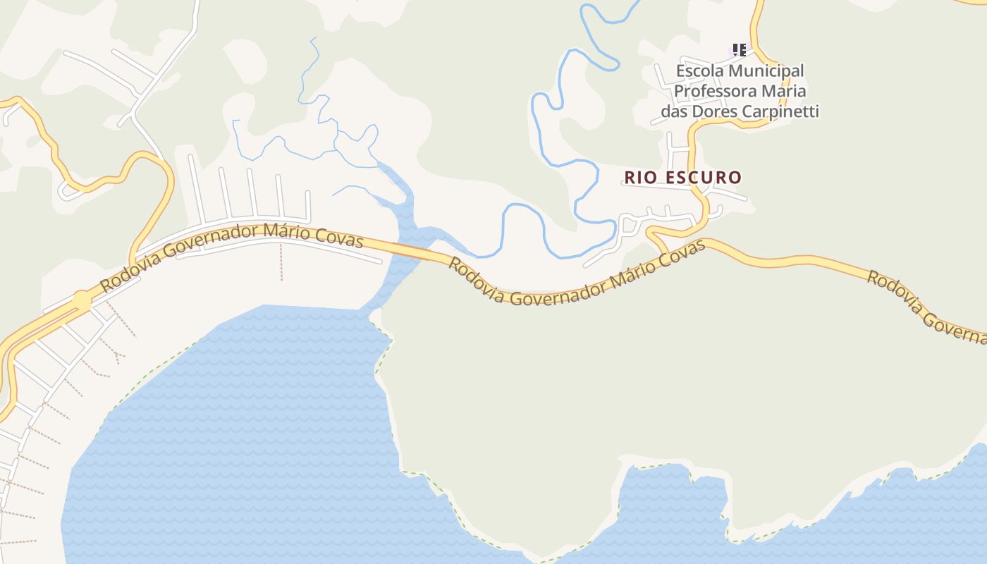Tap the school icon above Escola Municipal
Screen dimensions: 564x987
coord(739,50)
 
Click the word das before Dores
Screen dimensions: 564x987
coord(675,111)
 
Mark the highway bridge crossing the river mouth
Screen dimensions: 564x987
coord(411,250)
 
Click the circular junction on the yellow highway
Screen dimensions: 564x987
coord(82,300)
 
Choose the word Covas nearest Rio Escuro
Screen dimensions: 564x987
coord(685,256)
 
